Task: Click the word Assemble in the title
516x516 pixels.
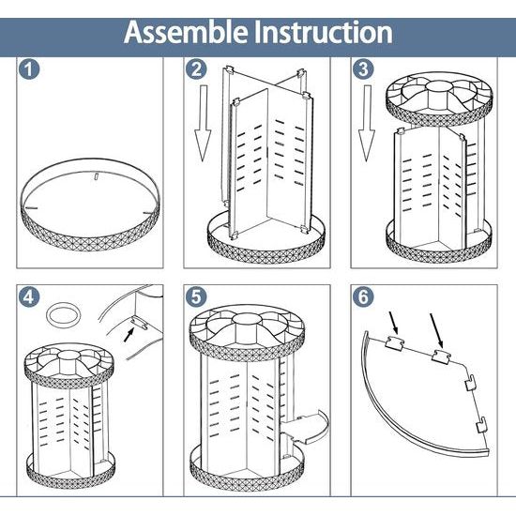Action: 186,32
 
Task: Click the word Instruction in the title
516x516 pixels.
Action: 324,32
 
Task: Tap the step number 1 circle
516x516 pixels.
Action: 29,69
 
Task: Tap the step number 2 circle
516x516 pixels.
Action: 196,69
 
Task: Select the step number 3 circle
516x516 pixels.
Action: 363,69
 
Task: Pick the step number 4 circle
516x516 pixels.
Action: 29,296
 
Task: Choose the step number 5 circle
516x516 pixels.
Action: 196,296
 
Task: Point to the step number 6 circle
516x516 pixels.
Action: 363,296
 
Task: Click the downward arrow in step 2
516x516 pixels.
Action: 203,123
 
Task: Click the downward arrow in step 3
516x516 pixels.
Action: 367,123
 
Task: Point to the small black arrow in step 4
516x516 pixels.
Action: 129,335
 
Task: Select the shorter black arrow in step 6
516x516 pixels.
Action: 393,323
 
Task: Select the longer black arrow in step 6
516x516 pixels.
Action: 436,331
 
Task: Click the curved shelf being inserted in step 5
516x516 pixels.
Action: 306,426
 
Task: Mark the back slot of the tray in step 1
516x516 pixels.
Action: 96,176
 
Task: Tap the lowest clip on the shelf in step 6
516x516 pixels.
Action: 481,425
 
